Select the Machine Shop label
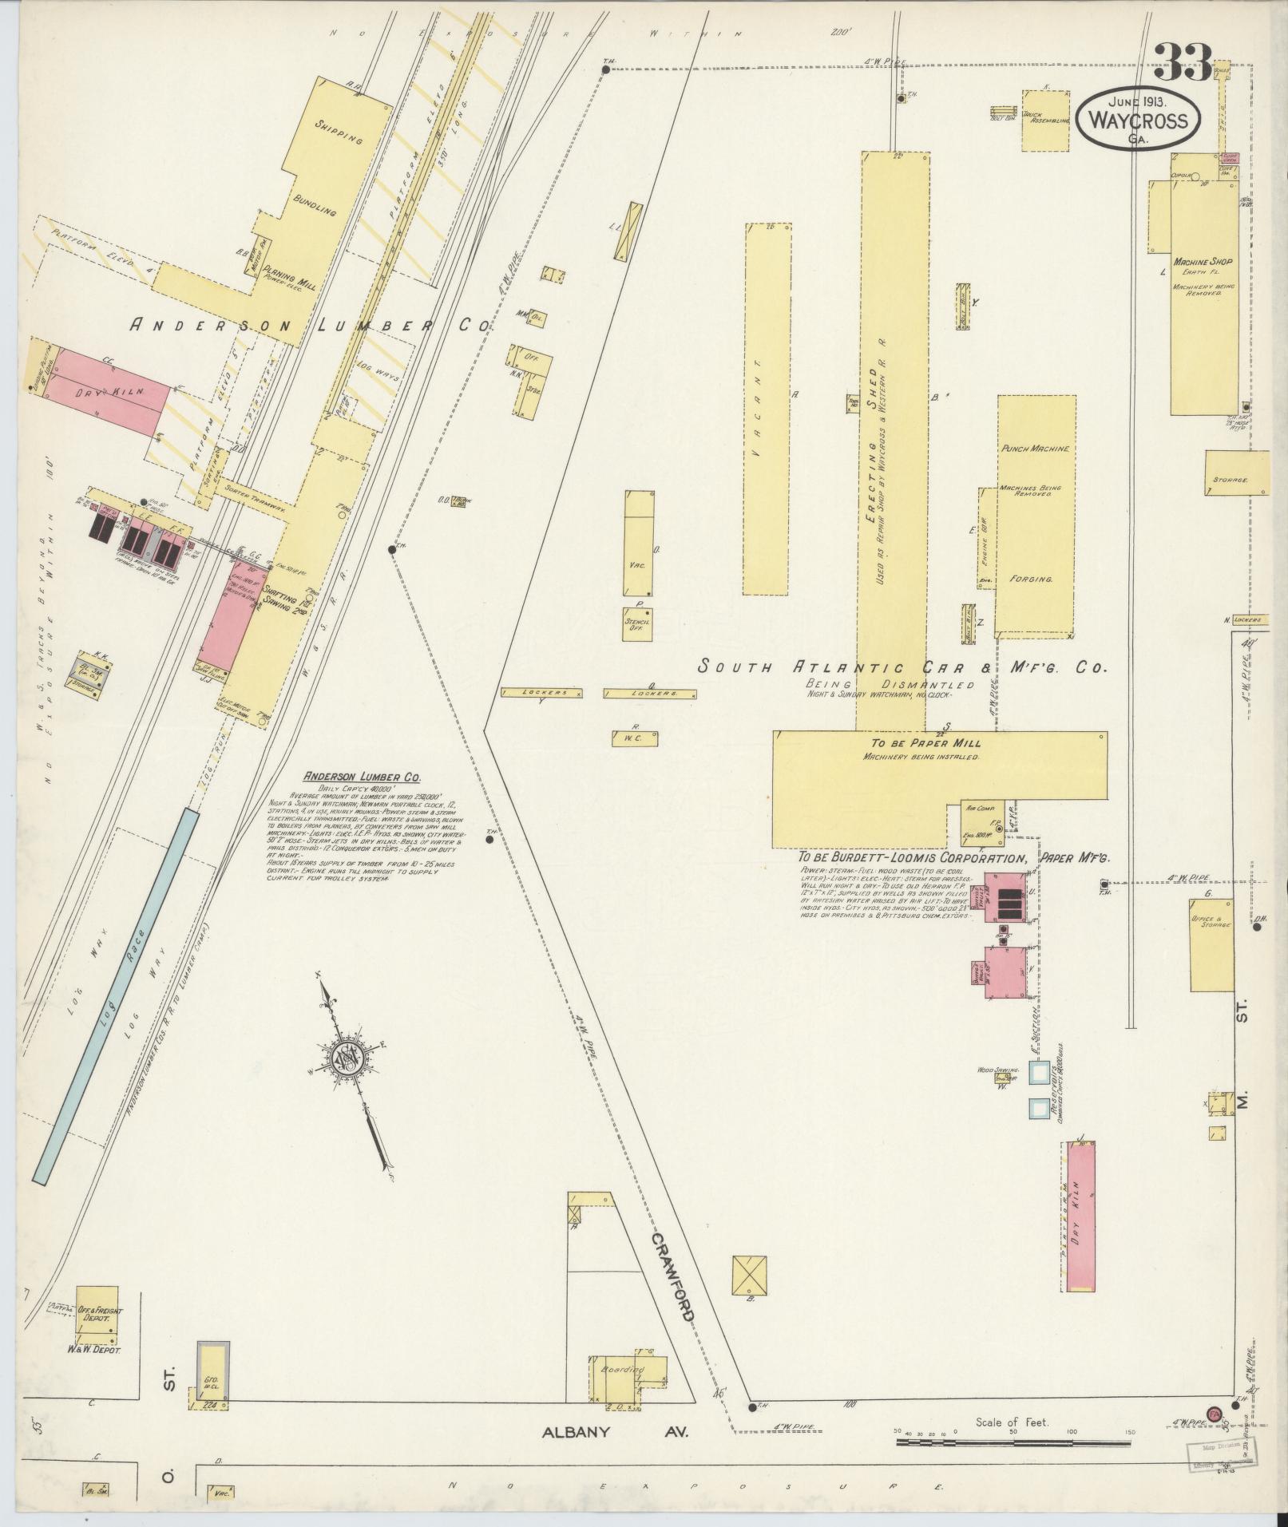[1203, 262]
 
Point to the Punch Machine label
[1034, 449]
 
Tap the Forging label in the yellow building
[1030, 579]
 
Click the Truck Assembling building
[1045, 121]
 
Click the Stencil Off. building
[638, 623]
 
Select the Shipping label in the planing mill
[339, 133]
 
